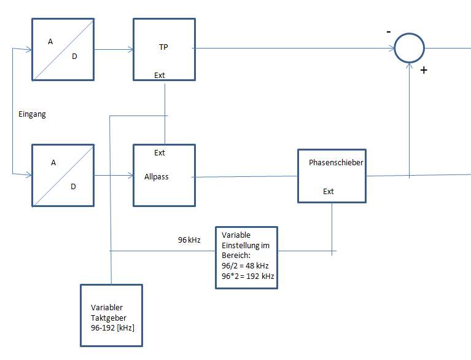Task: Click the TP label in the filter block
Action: (163, 47)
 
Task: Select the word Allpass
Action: (156, 177)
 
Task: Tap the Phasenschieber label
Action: (336, 163)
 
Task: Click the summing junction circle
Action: (409, 34)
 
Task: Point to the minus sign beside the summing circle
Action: (389, 31)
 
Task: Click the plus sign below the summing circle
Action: (424, 70)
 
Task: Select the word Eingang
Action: (32, 114)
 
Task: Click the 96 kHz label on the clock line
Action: (189, 240)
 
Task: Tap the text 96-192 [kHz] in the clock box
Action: (112, 327)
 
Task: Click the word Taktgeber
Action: (109, 318)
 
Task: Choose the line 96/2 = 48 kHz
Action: (245, 265)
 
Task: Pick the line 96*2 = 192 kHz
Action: (248, 276)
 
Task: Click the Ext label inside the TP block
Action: (160, 76)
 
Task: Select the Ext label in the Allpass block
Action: (160, 152)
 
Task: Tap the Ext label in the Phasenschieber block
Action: (329, 192)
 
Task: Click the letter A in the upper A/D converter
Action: (50, 42)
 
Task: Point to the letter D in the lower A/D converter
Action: (73, 187)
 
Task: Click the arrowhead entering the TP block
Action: (131, 50)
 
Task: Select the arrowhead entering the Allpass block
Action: (131, 176)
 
